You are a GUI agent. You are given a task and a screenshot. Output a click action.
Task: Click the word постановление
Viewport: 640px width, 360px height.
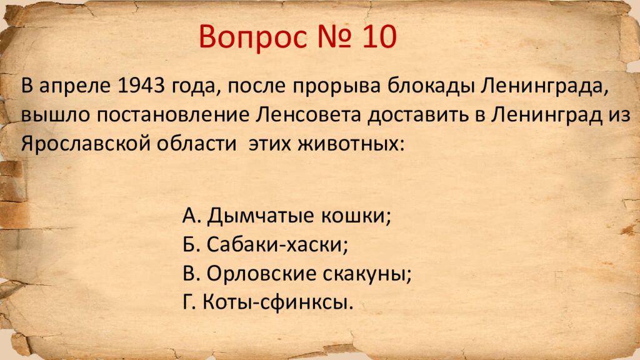point(177,115)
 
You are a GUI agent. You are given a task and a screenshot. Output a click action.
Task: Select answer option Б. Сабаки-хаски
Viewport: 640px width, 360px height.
point(266,245)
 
